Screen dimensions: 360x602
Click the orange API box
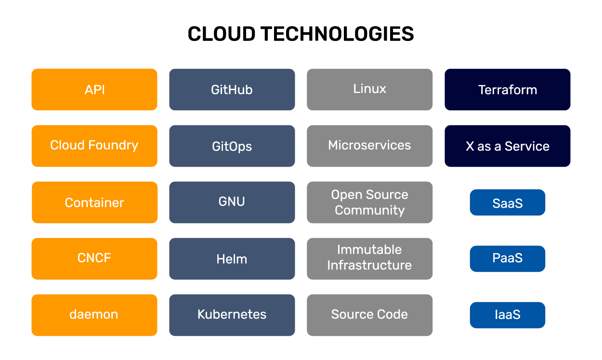click(94, 90)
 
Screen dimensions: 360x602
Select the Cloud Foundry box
click(94, 146)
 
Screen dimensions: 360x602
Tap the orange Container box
click(94, 202)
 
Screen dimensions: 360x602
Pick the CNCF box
click(94, 259)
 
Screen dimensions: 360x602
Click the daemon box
click(94, 315)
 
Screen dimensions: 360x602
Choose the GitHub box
click(232, 90)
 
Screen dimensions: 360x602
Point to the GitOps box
click(232, 146)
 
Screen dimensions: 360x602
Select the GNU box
click(232, 202)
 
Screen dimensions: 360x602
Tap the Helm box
click(232, 259)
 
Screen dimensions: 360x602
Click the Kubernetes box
click(232, 315)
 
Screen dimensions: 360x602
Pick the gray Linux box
click(369, 90)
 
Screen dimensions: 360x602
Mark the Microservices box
click(369, 146)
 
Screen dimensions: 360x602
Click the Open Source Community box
click(369, 202)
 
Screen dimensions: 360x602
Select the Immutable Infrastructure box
click(369, 259)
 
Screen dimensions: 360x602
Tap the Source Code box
click(369, 315)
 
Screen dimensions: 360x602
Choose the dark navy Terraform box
click(507, 90)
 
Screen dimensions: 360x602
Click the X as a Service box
click(507, 146)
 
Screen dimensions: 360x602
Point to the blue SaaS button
click(507, 202)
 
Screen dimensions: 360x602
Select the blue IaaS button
click(507, 315)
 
